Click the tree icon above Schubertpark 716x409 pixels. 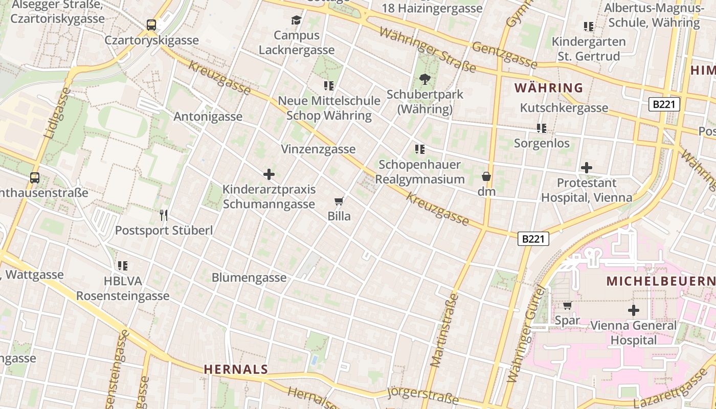[x=424, y=79]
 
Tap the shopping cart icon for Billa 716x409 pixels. [x=339, y=201]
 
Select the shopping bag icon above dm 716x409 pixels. [x=486, y=176]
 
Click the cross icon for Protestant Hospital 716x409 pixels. [x=587, y=168]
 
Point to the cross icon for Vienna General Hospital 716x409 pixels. [x=634, y=310]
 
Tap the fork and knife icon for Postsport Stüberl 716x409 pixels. [x=164, y=215]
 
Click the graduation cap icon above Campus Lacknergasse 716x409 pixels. [x=296, y=20]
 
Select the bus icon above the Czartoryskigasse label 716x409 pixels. [x=151, y=25]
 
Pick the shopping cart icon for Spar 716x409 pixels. [x=567, y=306]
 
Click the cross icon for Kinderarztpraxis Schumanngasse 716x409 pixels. [x=269, y=174]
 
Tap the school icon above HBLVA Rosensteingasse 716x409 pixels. [x=123, y=266]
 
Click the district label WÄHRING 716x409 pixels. [x=549, y=88]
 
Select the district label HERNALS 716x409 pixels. [x=236, y=369]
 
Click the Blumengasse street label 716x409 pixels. [x=249, y=278]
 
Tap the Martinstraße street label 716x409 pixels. [x=443, y=330]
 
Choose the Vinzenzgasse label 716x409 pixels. [x=318, y=149]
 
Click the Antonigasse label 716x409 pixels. [x=208, y=117]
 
